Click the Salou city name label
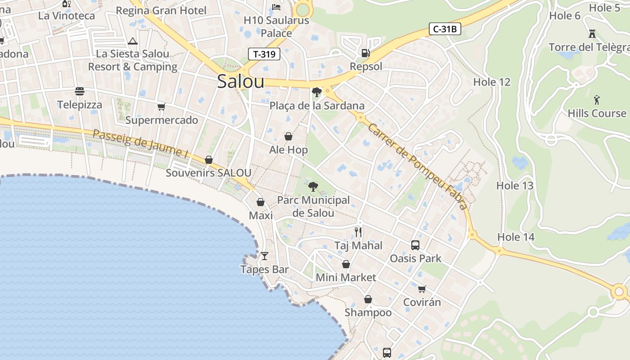pos(240,81)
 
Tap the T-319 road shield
pos(264,54)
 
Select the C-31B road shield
pos(445,29)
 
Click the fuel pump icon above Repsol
pos(365,53)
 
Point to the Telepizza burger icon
pos(80,91)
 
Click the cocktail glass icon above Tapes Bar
pos(265,256)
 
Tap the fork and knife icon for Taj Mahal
pos(358,232)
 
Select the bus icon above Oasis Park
pos(415,245)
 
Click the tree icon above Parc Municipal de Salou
pos(313,186)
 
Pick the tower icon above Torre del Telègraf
pos(592,34)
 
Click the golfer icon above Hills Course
pos(597,99)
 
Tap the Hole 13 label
pos(515,185)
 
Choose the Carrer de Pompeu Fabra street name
pos(418,166)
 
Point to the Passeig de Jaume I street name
pos(141,144)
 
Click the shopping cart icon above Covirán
pos(422,289)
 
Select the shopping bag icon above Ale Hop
pos(288,136)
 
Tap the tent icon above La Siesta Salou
pos(132,41)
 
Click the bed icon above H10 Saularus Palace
pos(276,7)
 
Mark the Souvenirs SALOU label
pos(208,173)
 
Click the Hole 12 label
pos(492,82)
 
